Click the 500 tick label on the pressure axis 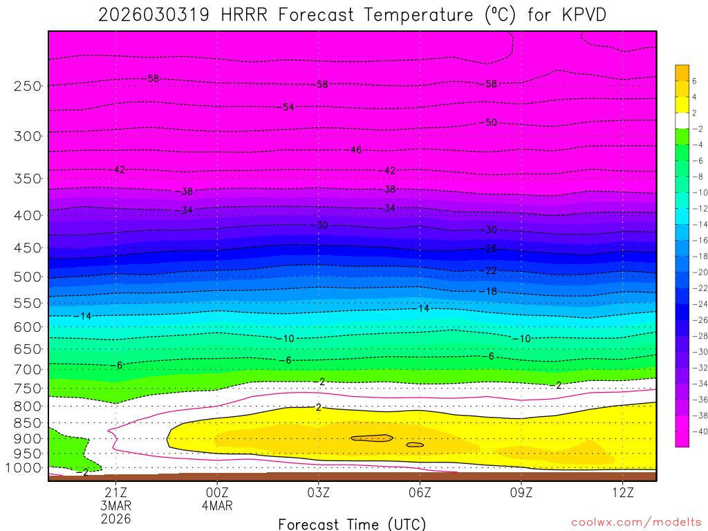coord(28,277)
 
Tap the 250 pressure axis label coord(28,86)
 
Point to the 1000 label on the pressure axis coord(25,468)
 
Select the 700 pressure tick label coord(28,369)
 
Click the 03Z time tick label coord(319,492)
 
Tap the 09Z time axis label coord(521,492)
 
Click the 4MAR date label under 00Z coord(217,505)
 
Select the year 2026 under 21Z coord(115,518)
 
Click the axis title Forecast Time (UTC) coord(352,524)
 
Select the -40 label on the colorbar coord(698,431)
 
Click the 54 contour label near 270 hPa coord(288,106)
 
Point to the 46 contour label coord(355,149)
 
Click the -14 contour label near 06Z coord(423,308)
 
